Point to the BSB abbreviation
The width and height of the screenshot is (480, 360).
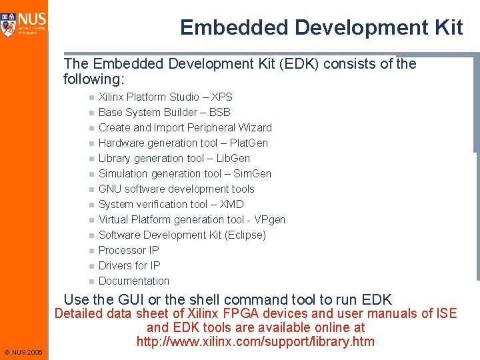(x=220, y=112)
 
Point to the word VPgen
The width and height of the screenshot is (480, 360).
(x=270, y=219)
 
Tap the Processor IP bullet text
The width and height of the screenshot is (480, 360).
(x=129, y=250)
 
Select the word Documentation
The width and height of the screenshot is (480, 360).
(x=134, y=281)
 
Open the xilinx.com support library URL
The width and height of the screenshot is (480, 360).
(x=255, y=342)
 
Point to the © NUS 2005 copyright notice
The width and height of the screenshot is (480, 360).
(x=23, y=352)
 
